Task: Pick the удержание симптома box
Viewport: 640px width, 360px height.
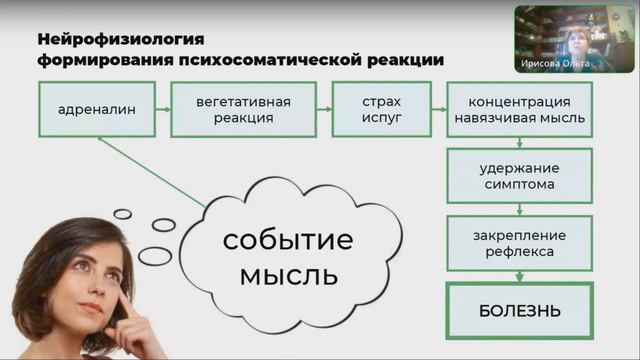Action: [x=519, y=176]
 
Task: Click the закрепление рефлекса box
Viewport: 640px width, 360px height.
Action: [x=519, y=243]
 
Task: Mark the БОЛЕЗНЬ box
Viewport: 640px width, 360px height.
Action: [x=519, y=309]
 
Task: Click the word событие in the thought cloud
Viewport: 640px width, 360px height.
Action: [x=288, y=241]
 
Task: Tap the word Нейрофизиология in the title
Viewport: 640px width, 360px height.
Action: [x=121, y=40]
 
